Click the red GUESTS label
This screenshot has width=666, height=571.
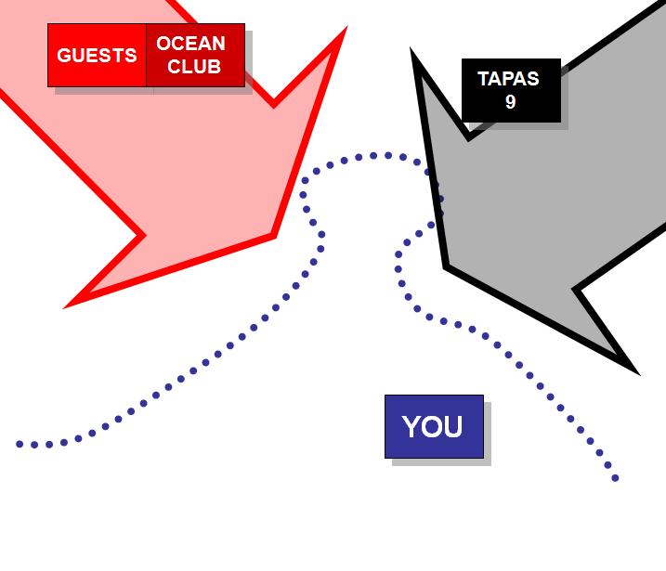point(97,56)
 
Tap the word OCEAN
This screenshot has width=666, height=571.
point(190,44)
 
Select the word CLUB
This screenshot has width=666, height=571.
point(194,67)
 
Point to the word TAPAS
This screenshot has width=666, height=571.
point(508,79)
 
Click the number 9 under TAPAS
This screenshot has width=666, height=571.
point(510,102)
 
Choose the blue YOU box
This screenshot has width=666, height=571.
point(434,426)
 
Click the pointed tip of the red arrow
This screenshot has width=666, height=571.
point(273,236)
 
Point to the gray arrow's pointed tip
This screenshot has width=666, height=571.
point(447,266)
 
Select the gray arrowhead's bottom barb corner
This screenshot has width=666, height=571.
point(633,369)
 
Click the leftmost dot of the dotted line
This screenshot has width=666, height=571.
point(20,444)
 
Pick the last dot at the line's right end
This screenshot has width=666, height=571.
point(615,478)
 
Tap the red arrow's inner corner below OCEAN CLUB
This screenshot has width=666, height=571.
point(273,103)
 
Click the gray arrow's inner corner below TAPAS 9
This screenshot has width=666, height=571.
point(470,136)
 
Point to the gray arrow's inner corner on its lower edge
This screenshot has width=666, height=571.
point(578,290)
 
